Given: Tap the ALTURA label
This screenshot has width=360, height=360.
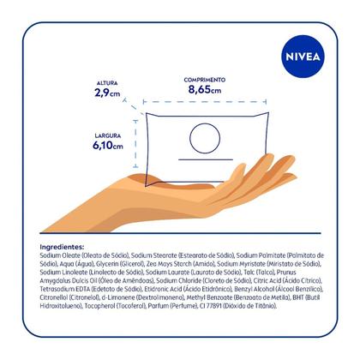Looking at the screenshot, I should coord(107,84).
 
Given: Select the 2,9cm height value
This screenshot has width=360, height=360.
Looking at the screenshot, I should coord(107,93).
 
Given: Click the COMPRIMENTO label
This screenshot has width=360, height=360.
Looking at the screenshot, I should coord(204,78).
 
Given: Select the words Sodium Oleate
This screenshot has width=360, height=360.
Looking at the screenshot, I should coord(59,255).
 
